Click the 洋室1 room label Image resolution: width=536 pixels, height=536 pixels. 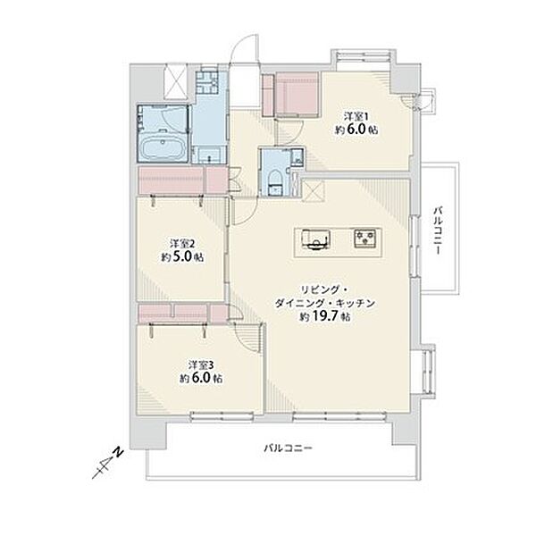pyautogui.click(x=356, y=116)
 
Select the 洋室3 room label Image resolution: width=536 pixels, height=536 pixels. pyautogui.click(x=201, y=365)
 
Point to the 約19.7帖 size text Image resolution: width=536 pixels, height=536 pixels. pyautogui.click(x=325, y=317)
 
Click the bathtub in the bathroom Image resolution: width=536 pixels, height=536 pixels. pyautogui.click(x=163, y=148)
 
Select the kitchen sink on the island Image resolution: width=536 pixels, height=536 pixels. pyautogui.click(x=315, y=239)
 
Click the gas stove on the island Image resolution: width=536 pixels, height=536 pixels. pyautogui.click(x=365, y=238)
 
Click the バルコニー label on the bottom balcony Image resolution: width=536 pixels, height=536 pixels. pyautogui.click(x=288, y=448)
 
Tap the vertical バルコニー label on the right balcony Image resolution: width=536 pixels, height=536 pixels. pyautogui.click(x=438, y=230)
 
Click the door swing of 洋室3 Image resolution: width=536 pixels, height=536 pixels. pyautogui.click(x=248, y=338)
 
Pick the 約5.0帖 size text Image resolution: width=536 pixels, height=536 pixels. pyautogui.click(x=182, y=256)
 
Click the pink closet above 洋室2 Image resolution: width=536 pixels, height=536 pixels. pyautogui.click(x=183, y=180)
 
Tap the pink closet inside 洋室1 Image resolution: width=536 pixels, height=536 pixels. pyautogui.click(x=291, y=95)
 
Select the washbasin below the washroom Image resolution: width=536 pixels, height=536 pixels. pyautogui.click(x=209, y=155)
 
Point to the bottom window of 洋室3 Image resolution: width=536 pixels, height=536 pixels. pyautogui.click(x=222, y=416)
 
